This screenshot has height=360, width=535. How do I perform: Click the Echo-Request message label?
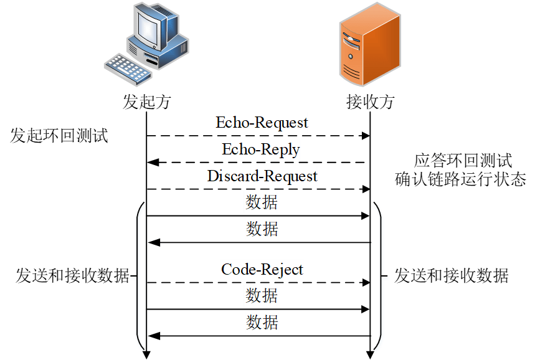coord(262,123)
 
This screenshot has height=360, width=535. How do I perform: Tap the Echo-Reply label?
coord(261,149)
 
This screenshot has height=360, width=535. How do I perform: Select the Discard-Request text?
coord(262,176)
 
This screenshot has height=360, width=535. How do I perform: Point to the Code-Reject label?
coord(262,270)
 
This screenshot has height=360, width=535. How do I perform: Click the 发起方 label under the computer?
coord(147,102)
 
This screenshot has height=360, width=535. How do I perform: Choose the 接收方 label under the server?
coord(371,102)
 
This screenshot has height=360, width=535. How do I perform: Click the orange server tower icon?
coord(370,44)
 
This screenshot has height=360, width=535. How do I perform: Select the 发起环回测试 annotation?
coord(59,136)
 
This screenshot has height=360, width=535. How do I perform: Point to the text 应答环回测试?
coord(463,160)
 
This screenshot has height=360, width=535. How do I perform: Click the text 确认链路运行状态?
coord(461,179)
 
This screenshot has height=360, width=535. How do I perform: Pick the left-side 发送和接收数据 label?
coord(73,276)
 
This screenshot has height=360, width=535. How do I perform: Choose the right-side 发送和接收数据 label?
coord(452,276)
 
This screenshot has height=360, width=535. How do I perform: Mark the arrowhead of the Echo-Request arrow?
coord(366,136)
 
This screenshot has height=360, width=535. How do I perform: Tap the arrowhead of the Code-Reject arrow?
coord(366,283)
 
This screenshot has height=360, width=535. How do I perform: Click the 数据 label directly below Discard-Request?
coord(262,202)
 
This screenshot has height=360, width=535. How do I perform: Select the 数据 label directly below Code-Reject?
coord(262,295)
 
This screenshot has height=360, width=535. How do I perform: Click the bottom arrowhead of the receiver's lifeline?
coord(370,355)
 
